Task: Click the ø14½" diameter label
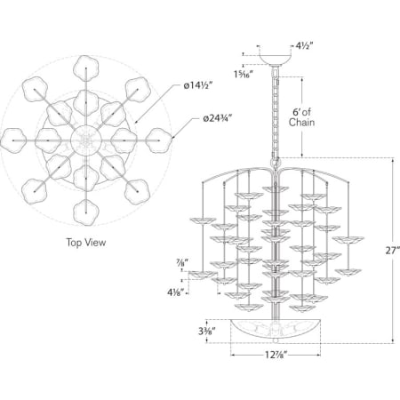click(x=198, y=85)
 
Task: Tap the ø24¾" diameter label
click(x=217, y=118)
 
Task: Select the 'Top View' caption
click(x=86, y=243)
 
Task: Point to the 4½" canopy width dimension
click(x=305, y=46)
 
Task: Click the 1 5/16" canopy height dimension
click(x=244, y=74)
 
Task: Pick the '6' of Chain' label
click(x=301, y=117)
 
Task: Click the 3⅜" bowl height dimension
click(x=206, y=331)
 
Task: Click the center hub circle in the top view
click(x=86, y=140)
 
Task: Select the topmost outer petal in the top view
click(x=86, y=68)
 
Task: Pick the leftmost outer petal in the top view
click(x=13, y=140)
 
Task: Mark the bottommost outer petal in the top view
click(x=86, y=212)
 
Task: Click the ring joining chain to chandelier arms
click(x=276, y=163)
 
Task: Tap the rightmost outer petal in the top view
click(x=159, y=140)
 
